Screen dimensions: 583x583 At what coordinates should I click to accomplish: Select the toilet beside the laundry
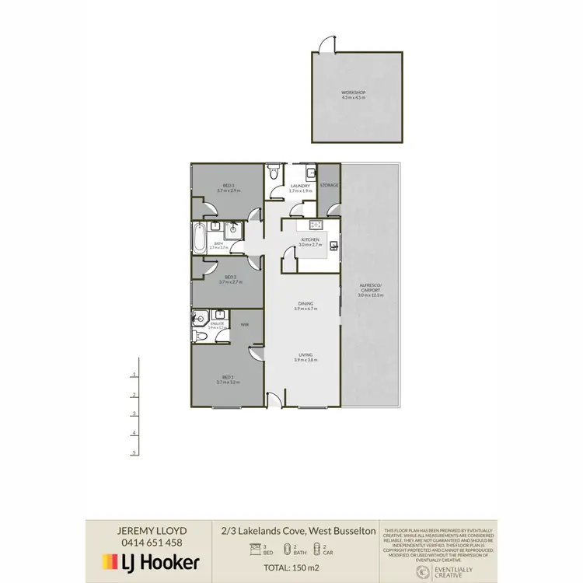coord(273,176)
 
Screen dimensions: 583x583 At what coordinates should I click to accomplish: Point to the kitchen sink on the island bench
coord(333,246)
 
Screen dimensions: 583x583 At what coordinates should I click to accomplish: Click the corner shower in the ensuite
coord(201,318)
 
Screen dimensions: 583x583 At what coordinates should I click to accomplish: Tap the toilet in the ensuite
coord(200,335)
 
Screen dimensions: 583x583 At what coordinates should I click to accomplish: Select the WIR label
coord(244,324)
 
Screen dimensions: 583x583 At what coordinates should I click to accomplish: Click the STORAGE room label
coord(330,185)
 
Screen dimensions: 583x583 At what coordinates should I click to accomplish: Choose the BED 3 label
coord(229,185)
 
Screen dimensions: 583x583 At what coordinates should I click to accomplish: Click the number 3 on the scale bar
coord(134,414)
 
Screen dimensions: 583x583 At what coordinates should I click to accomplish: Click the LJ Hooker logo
coord(152,562)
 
